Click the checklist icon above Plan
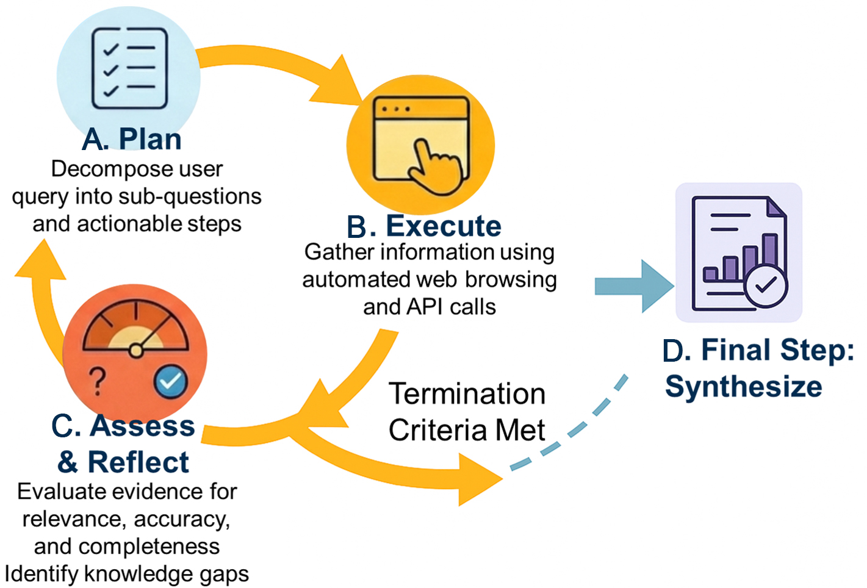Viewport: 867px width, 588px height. [129, 68]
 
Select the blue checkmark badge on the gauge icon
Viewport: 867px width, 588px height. [171, 381]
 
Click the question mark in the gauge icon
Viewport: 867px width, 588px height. [98, 381]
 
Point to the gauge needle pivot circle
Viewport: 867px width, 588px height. [137, 350]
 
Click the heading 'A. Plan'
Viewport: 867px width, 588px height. [132, 139]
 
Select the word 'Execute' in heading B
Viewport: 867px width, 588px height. [444, 226]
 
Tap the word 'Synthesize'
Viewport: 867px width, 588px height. [744, 386]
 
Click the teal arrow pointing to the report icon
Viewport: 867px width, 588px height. [635, 286]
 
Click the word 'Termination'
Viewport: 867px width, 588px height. [467, 394]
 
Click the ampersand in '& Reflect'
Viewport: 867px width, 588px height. [68, 462]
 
